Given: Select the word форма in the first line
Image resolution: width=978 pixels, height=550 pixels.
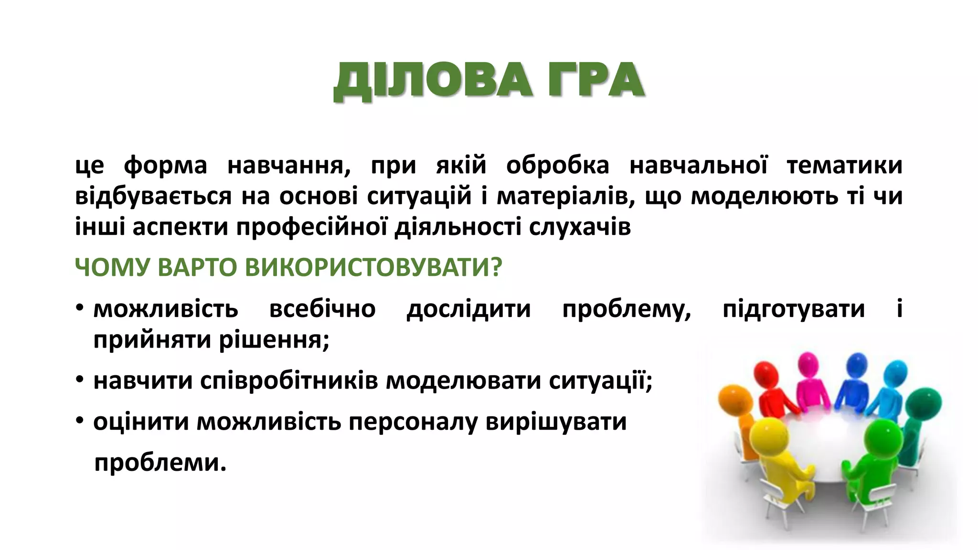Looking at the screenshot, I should (x=165, y=166).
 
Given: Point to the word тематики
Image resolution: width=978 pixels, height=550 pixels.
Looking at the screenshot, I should (x=844, y=166).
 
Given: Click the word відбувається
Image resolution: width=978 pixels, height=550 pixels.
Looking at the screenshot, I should (x=153, y=196).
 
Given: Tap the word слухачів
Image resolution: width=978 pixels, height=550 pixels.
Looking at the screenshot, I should (x=580, y=227).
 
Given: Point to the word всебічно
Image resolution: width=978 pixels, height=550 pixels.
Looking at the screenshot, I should (x=322, y=309).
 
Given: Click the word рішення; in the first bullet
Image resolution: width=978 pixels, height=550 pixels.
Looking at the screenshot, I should (x=274, y=340).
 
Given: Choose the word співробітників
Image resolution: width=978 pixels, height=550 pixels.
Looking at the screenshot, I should (x=289, y=381).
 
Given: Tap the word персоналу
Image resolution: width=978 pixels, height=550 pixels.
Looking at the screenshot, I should (x=413, y=422).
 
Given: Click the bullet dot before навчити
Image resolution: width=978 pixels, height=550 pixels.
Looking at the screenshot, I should (x=80, y=381).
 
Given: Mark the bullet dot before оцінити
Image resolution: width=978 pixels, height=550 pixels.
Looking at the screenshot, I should (x=80, y=422).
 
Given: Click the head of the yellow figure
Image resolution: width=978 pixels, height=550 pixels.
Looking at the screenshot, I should (x=768, y=436).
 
